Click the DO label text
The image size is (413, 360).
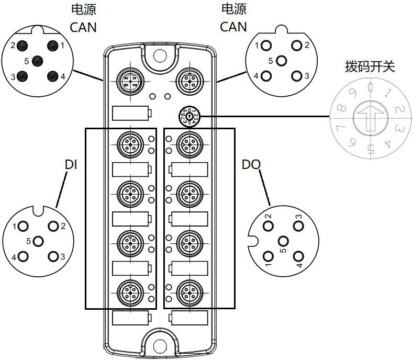click(x=251, y=165)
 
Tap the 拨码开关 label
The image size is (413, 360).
click(x=370, y=66)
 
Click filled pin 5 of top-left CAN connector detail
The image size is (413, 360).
click(x=37, y=61)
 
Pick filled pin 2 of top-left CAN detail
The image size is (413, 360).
click(x=22, y=46)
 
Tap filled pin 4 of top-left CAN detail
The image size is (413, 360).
click(x=52, y=76)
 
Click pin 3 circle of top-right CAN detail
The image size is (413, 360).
click(x=297, y=76)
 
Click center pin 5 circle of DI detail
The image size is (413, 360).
click(x=38, y=241)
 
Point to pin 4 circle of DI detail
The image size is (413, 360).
click(x=23, y=256)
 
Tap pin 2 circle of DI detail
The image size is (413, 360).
click(x=53, y=226)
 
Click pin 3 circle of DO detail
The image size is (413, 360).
click(x=298, y=226)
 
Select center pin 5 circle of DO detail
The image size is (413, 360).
click(x=283, y=241)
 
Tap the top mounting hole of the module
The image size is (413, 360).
click(x=160, y=54)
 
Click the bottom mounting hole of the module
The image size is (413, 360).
click(x=160, y=345)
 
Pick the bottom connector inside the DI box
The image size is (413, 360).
click(x=129, y=292)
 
